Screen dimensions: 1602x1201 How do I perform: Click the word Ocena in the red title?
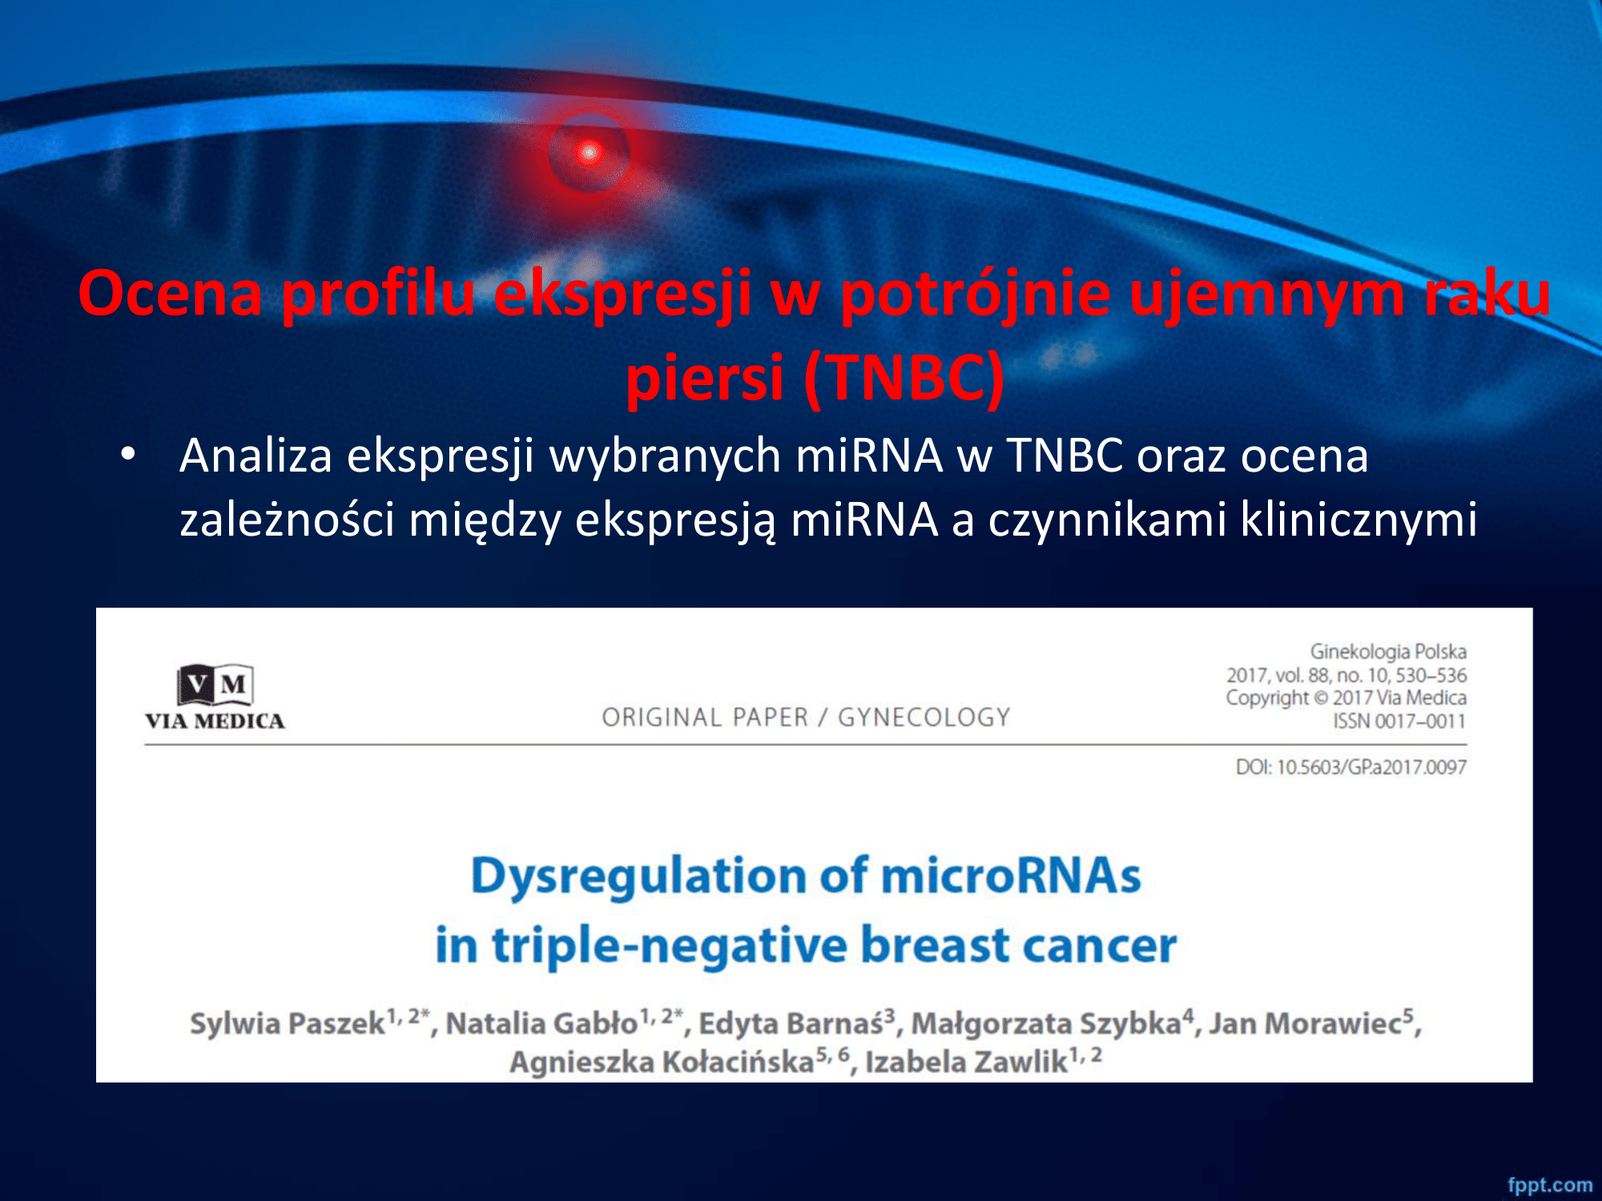coord(171,294)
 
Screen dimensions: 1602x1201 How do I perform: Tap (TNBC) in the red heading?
coord(904,378)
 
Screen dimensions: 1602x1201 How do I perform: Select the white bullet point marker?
coord(128,455)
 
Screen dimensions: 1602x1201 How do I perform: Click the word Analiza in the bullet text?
coord(256,456)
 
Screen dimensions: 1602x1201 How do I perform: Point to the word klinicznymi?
coord(1358,520)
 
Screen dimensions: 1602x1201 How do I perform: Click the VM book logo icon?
coord(215,685)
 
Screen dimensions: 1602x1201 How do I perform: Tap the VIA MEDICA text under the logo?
coord(215,721)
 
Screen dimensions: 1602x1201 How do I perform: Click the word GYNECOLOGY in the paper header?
coord(924,717)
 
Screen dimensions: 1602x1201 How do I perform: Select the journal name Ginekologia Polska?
coord(1388,652)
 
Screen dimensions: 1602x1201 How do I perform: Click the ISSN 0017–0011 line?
coord(1399,721)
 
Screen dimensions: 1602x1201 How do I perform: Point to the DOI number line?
coord(1351,767)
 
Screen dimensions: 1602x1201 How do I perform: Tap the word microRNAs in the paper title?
coord(1011,875)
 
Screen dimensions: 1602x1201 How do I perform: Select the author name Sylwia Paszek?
coord(288,1024)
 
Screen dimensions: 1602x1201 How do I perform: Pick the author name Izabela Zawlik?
coord(966,1062)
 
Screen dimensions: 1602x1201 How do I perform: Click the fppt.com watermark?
coord(1550,1185)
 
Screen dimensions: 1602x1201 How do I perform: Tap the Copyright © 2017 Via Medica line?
coord(1346,698)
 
